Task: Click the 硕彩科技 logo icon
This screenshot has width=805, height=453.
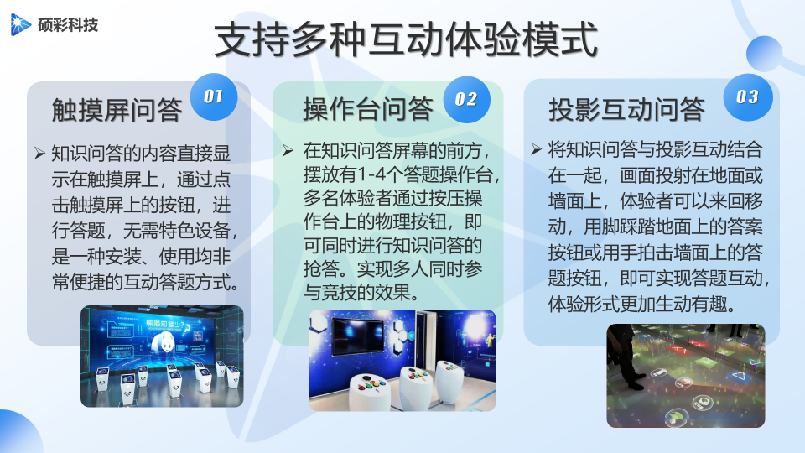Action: (x=20, y=24)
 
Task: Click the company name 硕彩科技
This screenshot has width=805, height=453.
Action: (x=68, y=24)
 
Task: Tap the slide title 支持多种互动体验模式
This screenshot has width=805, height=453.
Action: (x=406, y=39)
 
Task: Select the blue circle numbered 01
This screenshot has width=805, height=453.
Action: (x=214, y=96)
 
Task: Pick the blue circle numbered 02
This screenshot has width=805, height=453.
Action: (x=466, y=99)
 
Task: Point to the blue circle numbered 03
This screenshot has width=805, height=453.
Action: (x=748, y=97)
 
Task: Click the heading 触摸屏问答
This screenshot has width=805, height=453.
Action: (x=117, y=109)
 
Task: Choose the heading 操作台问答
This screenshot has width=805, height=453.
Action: (x=367, y=108)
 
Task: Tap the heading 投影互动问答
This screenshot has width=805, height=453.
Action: (x=627, y=109)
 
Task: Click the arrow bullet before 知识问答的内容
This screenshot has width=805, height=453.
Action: (x=39, y=153)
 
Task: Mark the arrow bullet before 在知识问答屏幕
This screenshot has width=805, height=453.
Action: (x=288, y=150)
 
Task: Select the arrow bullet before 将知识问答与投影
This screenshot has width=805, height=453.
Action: (x=536, y=149)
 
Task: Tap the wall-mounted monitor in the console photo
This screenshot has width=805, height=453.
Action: (x=358, y=336)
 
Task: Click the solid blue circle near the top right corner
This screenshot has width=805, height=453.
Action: (x=764, y=54)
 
